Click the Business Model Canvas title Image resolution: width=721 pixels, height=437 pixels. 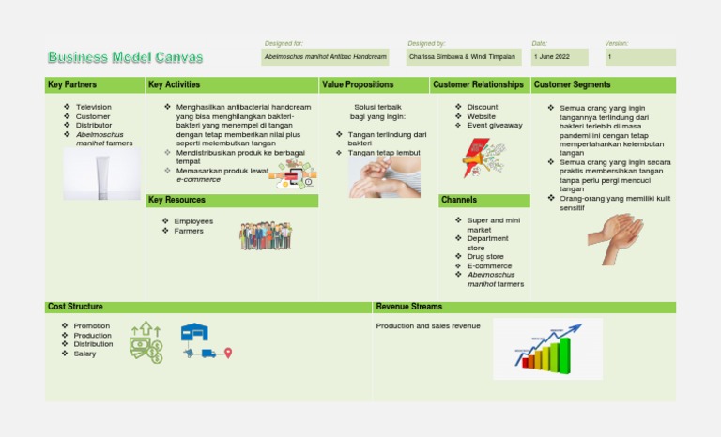click(125, 58)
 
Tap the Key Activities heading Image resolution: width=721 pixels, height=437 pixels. click(174, 85)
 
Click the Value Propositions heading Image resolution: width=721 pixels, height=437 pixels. click(360, 85)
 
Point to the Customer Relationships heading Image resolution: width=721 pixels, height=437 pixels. click(478, 85)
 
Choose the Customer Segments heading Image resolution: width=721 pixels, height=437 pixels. click(572, 85)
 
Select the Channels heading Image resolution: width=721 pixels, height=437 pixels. click(459, 201)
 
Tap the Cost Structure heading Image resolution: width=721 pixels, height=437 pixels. click(75, 307)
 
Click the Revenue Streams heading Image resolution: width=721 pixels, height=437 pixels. click(408, 307)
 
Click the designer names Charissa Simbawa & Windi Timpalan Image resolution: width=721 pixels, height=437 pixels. click(463, 57)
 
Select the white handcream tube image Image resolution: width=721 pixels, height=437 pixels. click(101, 174)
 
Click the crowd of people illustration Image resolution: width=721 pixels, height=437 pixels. click(265, 235)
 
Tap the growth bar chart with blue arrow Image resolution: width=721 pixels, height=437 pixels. click(548, 348)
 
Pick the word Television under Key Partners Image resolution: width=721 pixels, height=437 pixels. click(93, 107)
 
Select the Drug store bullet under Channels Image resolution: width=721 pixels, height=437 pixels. click(485, 257)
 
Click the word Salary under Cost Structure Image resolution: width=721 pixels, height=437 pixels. click(84, 354)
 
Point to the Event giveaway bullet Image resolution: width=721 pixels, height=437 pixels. click(495, 125)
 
